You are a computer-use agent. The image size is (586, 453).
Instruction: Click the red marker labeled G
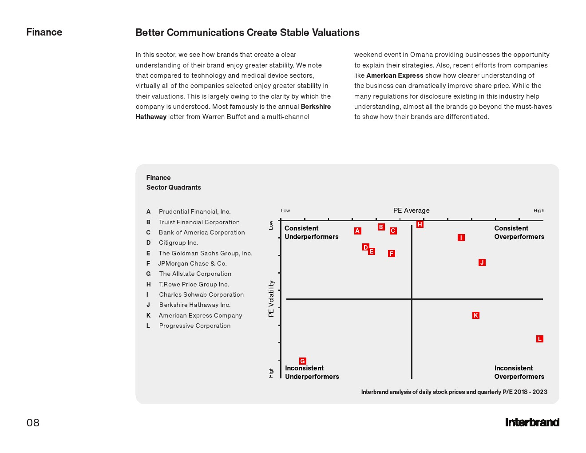click(x=302, y=361)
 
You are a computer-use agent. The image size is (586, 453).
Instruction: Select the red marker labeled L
click(x=539, y=339)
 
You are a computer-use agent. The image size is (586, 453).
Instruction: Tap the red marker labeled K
click(x=475, y=315)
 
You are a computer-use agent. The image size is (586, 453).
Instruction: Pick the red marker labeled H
click(x=420, y=224)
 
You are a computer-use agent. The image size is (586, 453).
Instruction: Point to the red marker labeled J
click(x=482, y=262)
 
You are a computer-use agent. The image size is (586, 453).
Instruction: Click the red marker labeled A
click(x=357, y=230)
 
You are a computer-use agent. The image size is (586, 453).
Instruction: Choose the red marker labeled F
click(x=391, y=254)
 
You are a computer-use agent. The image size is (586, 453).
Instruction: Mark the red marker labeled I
click(x=461, y=238)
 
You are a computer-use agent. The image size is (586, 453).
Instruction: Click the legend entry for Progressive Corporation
click(x=194, y=326)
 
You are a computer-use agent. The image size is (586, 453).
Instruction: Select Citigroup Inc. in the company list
click(x=178, y=242)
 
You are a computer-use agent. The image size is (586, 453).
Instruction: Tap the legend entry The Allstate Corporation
click(x=195, y=274)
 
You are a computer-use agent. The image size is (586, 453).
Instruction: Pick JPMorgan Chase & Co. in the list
click(x=192, y=263)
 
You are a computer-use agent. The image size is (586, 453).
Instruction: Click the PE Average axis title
click(x=411, y=211)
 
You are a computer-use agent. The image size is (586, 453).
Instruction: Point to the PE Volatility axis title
click(x=271, y=298)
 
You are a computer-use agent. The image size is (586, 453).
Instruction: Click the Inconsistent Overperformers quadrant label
click(x=519, y=372)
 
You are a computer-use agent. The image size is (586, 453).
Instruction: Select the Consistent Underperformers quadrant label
click(x=311, y=232)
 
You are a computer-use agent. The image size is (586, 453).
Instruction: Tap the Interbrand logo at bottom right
click(x=532, y=422)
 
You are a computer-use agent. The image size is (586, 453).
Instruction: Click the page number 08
click(x=33, y=422)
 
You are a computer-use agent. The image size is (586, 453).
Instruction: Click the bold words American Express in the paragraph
click(x=395, y=75)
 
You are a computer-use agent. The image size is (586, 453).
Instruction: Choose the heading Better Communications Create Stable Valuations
click(x=247, y=32)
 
